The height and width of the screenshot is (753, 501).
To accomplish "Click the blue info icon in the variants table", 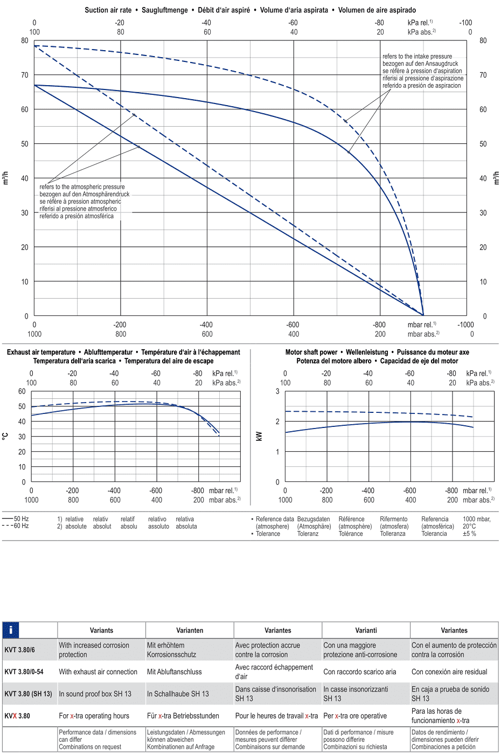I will coord(11,630).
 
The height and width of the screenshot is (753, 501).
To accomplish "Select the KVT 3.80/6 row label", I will coord(19,650).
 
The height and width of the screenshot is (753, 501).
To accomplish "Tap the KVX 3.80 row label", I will coord(17,716).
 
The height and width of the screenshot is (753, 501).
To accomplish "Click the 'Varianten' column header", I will coord(190,630).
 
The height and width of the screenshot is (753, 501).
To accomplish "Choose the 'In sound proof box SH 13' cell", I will coord(95,694).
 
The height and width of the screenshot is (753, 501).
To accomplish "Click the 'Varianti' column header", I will coord(366,630).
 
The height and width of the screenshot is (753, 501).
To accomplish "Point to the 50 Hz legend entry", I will coord(16,519).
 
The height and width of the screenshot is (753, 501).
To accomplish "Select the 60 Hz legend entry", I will coord(16,526).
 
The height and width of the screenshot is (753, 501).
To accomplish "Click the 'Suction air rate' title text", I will coord(108,10).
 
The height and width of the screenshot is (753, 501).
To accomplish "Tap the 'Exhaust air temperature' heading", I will coord(41,352).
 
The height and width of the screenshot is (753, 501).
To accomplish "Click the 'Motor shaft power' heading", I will coord(311,352).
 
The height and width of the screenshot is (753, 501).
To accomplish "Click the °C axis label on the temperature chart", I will coord(5,436).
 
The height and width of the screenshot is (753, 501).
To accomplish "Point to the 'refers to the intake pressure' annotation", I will coord(417,56).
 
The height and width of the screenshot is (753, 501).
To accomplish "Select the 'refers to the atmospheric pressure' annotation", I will coord(82,186).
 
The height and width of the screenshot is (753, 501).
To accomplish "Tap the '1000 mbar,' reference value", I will coord(477,519).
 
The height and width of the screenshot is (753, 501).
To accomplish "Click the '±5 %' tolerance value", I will coord(469,534).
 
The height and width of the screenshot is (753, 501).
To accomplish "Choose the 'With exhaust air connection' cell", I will coord(98,672).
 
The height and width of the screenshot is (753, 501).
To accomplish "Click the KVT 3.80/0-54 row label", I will coord(24,672).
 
